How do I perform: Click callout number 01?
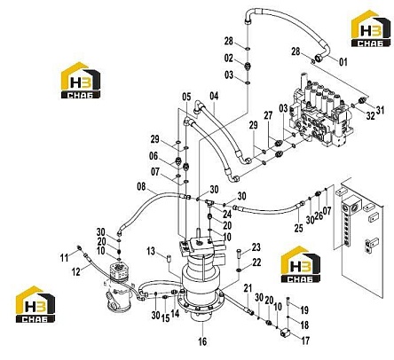[343, 62]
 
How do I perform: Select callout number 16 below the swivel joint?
[202, 341]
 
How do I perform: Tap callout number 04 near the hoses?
[214, 96]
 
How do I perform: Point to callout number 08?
[141, 187]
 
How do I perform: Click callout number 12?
[76, 271]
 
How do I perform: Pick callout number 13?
[151, 251]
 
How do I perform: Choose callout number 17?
[305, 340]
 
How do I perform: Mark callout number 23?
[256, 247]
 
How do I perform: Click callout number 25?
[298, 228]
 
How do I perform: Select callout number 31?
[380, 110]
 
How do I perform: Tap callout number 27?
[268, 115]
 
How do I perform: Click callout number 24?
[227, 214]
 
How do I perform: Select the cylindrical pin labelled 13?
[169, 258]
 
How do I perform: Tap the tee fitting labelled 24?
[209, 202]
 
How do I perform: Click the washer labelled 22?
[239, 270]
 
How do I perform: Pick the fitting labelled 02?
[248, 66]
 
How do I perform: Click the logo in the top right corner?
[371, 28]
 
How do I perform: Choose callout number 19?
[304, 310]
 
